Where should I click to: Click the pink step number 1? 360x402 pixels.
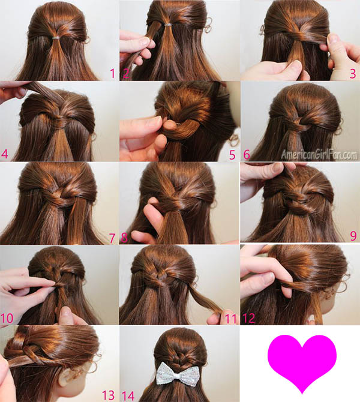tap(112, 74)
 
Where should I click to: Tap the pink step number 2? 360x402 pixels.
tap(125, 74)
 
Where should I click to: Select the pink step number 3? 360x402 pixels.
tap(353, 74)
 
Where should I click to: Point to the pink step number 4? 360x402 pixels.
tap(5, 154)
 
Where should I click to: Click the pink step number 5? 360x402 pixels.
tap(232, 155)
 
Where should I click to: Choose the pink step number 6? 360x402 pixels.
tap(247, 155)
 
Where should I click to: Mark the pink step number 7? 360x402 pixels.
tap(112, 238)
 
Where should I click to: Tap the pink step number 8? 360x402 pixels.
tap(124, 238)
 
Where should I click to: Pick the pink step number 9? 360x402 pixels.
tap(353, 236)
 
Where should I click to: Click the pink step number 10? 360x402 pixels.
tap(7, 318)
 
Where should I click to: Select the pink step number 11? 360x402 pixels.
tap(230, 319)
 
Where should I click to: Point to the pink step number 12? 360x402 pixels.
tap(249, 318)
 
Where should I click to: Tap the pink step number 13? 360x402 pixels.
tap(108, 395)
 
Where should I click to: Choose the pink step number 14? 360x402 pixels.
tap(128, 395)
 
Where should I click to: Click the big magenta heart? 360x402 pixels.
tap(302, 363)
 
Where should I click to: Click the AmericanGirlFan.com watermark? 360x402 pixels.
tap(319, 155)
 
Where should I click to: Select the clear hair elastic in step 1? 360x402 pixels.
tap(58, 38)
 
